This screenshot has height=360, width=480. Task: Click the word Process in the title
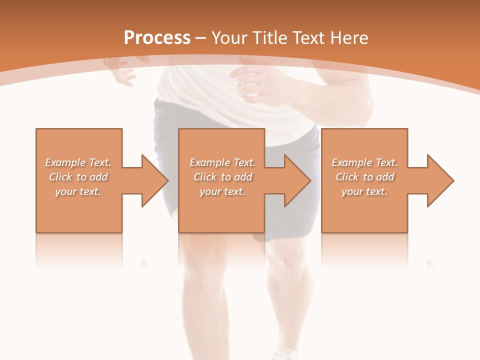click(x=157, y=38)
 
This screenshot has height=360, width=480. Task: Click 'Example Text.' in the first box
click(x=78, y=162)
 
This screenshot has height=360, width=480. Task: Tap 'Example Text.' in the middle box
click(x=222, y=162)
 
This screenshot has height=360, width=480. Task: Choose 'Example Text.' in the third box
click(x=364, y=162)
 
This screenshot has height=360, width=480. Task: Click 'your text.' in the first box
click(x=78, y=191)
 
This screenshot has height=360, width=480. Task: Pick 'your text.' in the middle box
click(x=222, y=191)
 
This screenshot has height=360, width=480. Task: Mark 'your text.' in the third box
click(x=364, y=191)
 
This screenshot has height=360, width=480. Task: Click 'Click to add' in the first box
click(x=78, y=177)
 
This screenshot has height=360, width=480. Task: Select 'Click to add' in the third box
click(x=364, y=177)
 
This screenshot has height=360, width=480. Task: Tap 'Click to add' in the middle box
click(x=222, y=177)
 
